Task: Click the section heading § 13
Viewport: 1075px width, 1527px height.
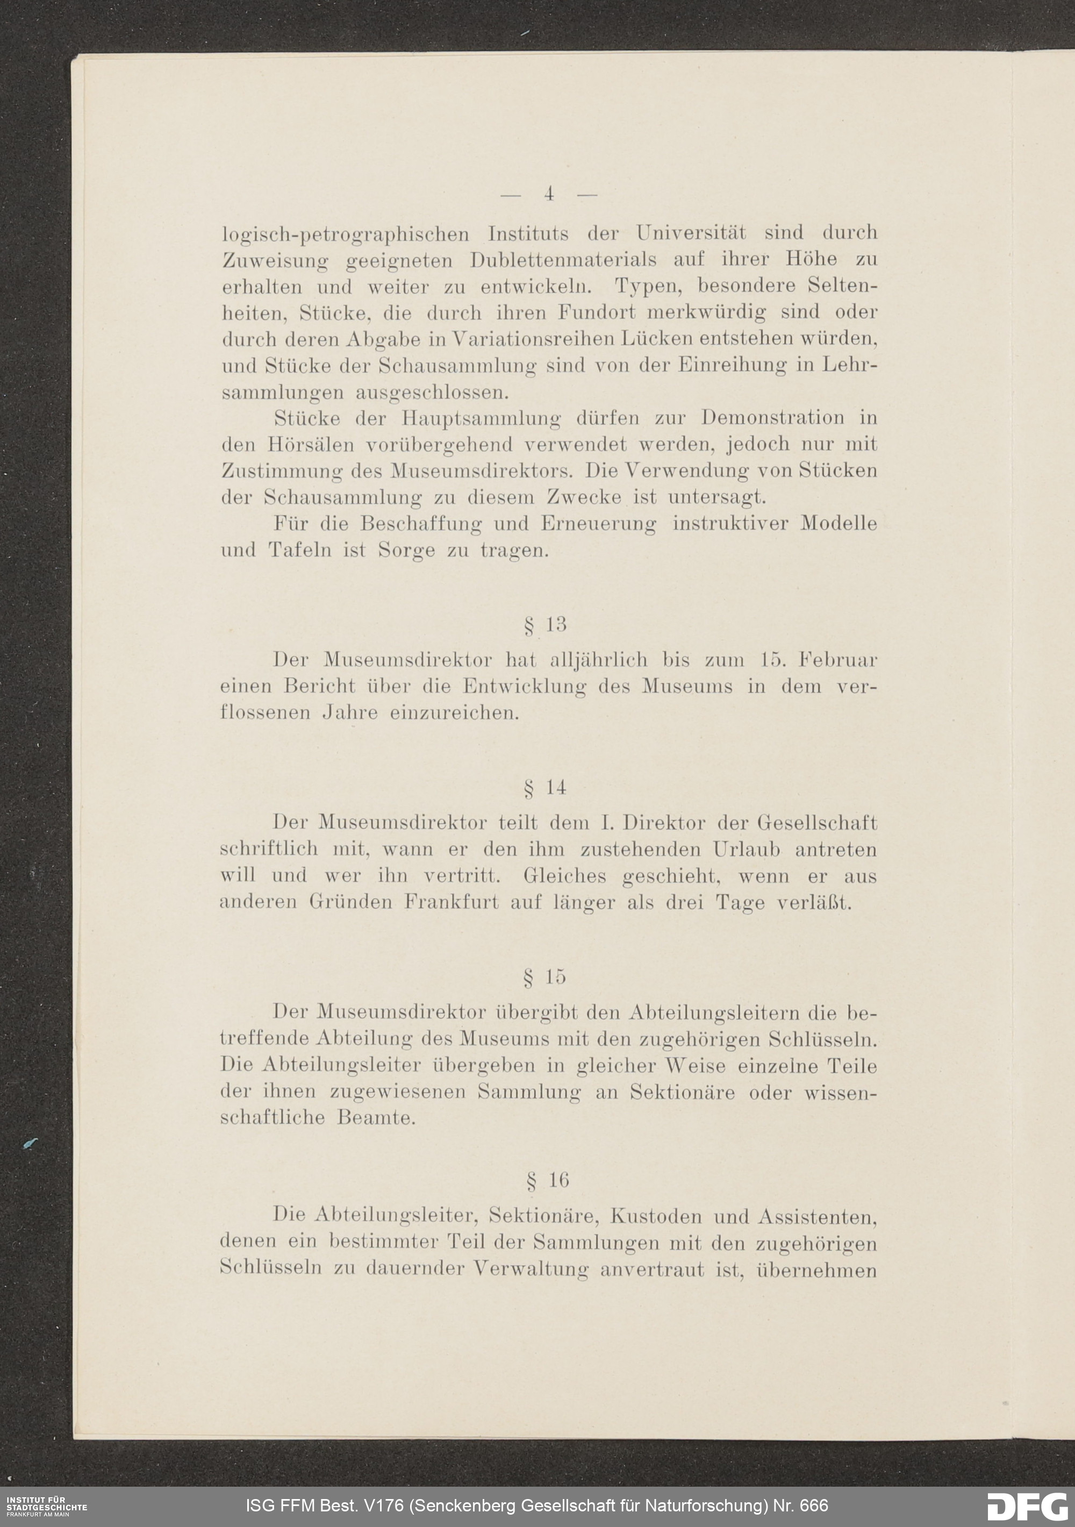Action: (x=545, y=625)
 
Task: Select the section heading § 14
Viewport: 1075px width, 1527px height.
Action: (x=545, y=789)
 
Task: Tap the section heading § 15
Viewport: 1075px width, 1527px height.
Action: (x=545, y=977)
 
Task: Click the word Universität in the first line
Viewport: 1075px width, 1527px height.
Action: (x=691, y=233)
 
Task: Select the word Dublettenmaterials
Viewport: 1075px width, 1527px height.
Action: (x=563, y=259)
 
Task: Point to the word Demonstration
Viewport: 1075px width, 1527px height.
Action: (x=772, y=418)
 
